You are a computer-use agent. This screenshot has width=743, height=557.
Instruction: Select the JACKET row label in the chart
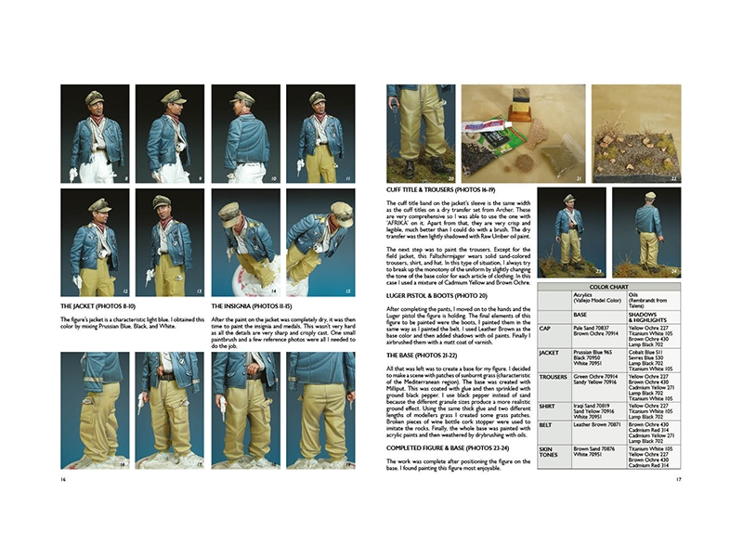pos(550,354)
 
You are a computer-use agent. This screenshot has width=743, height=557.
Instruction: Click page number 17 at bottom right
pos(679,480)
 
